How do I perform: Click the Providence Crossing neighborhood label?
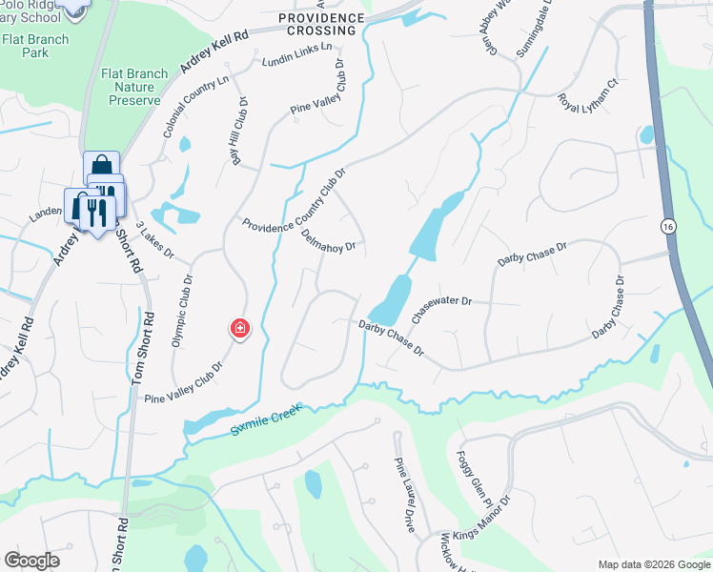322,24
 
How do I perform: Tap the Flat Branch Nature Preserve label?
135,87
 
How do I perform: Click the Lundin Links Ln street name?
297,56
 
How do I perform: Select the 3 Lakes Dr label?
153,240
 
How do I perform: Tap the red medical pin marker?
239,329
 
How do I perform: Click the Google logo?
32,561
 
